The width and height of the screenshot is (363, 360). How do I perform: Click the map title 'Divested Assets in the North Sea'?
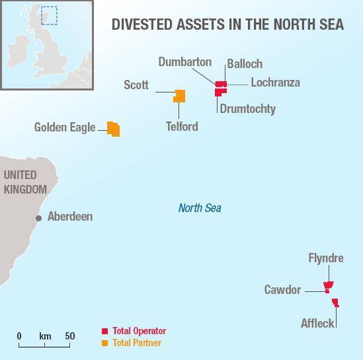click(227, 25)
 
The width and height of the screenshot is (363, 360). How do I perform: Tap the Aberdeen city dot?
click(39, 217)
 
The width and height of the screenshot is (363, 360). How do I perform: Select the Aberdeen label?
click(70, 217)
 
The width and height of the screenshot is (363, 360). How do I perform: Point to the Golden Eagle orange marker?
click(114, 129)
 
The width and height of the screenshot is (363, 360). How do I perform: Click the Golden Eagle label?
click(65, 127)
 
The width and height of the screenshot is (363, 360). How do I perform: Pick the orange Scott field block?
click(179, 96)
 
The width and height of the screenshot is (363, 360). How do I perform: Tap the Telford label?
click(182, 126)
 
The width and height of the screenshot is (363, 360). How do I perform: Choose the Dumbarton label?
click(185, 62)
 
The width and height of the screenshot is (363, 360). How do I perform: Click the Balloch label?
click(245, 64)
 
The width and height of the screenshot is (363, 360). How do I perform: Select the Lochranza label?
click(275, 83)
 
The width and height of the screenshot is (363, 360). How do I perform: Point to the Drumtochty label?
click(247, 108)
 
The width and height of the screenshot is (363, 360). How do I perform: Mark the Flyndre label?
click(326, 258)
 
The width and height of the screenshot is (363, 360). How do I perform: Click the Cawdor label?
click(283, 289)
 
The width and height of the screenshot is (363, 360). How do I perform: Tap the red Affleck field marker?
click(335, 303)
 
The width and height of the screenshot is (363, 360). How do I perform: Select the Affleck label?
click(317, 324)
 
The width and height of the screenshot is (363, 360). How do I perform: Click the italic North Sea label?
click(200, 208)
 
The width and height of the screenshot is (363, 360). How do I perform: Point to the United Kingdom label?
click(25, 182)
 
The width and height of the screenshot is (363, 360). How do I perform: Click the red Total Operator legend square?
click(104, 331)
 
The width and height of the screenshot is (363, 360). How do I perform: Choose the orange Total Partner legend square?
click(104, 343)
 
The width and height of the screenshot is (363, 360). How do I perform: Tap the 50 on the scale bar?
click(69, 336)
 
